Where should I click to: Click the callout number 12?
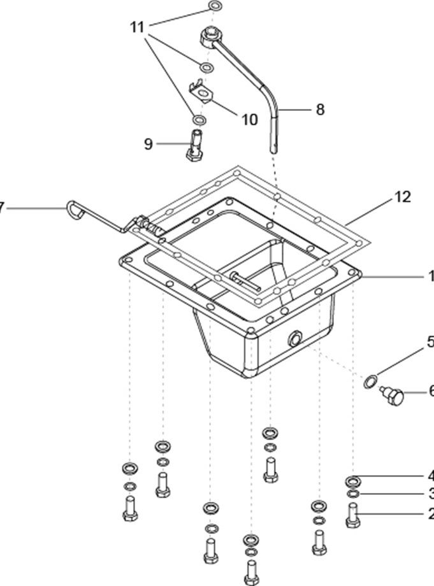402,197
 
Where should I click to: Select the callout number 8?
319,110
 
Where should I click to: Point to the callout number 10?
249,118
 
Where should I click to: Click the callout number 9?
148,144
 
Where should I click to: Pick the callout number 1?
430,276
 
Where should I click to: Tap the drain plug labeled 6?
394,397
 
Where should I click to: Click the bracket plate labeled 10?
201,93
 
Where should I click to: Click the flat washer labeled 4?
353,480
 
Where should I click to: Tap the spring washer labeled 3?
353,494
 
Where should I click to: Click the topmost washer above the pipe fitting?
215,7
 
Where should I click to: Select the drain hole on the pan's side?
295,339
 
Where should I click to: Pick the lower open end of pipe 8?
275,148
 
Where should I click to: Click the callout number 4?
430,476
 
